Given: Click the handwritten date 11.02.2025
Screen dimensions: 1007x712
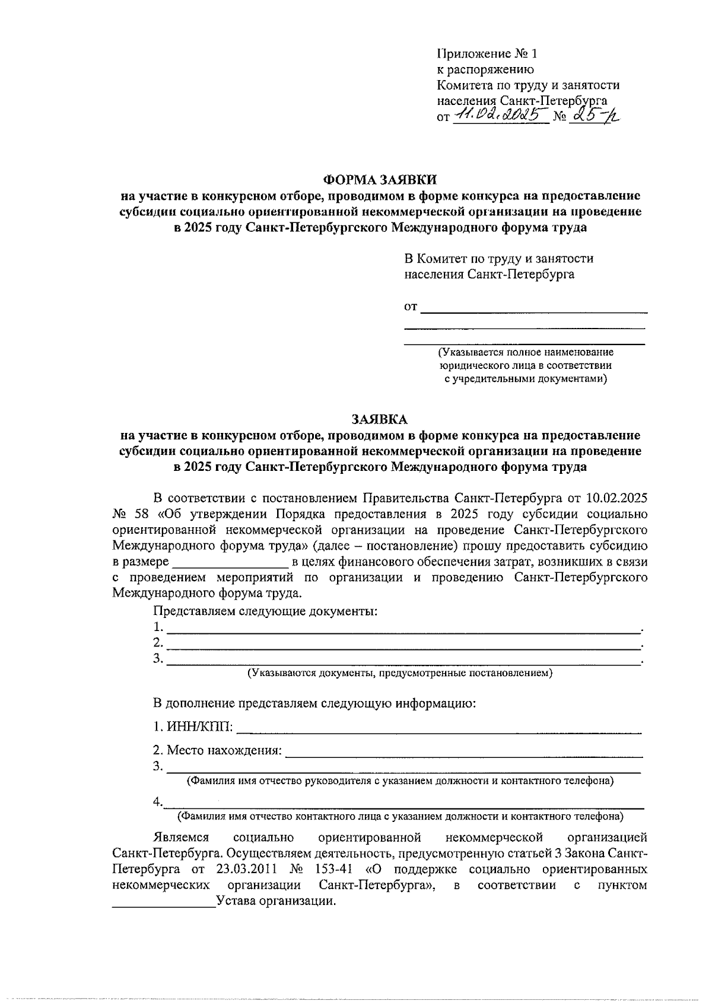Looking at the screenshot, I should (500, 114).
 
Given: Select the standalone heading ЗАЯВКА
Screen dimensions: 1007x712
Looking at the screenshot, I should (380, 419).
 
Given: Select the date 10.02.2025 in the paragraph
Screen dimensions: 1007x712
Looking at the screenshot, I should (617, 497).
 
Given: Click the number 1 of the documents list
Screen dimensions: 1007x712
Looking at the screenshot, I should (157, 627).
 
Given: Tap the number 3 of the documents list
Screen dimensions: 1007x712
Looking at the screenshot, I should (157, 658).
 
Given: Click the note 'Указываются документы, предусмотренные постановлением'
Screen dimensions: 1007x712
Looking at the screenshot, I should (401, 673).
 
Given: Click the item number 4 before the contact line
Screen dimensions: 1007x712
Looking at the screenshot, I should (157, 802).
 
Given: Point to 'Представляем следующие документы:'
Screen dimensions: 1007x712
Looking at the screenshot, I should (265, 611).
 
